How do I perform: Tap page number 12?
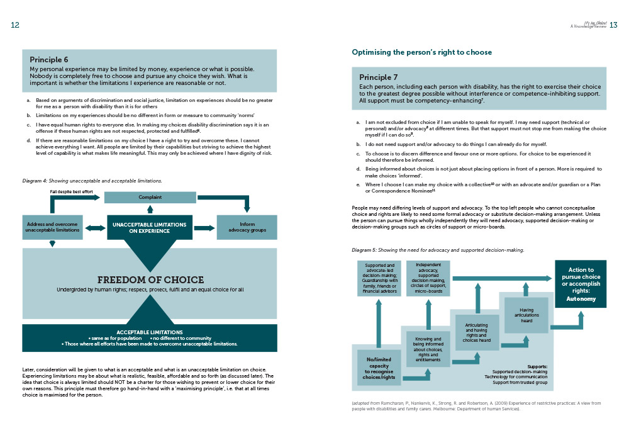[x=15, y=25]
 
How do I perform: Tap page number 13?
[x=614, y=25]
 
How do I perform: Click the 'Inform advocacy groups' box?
[x=247, y=227]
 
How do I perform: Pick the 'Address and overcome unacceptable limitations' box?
[x=52, y=227]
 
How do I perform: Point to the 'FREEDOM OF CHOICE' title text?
[x=150, y=279]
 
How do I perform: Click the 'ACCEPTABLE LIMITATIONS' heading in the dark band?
[x=149, y=332]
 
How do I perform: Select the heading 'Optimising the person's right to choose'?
[x=421, y=52]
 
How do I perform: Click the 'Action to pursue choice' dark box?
[x=581, y=284]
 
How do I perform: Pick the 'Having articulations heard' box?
[x=526, y=314]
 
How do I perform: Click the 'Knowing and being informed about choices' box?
[x=428, y=349]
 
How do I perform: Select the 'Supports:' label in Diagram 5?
[x=537, y=366]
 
